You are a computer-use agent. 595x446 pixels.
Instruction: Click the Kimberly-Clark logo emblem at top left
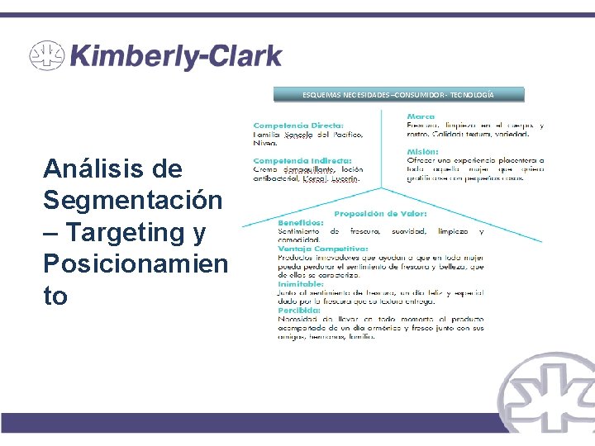coord(46,56)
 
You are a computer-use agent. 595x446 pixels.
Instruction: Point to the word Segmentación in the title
coord(132,201)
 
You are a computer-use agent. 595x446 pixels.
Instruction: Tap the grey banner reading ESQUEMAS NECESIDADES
coord(399,95)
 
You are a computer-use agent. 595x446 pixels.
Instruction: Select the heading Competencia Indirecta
coord(302,160)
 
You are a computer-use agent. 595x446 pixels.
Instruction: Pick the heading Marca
coord(421,116)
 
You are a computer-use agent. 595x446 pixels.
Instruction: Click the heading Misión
coord(422,151)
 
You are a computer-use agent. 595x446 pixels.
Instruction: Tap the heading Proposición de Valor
coord(379,214)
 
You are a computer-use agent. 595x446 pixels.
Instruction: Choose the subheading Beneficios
coord(300,223)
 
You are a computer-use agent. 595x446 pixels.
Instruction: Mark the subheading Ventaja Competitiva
coord(322,249)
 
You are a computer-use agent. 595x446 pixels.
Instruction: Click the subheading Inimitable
coord(301,283)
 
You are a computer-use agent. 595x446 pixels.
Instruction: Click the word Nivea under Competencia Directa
coord(264,143)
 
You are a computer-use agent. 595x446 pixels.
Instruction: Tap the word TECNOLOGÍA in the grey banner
coord(467,95)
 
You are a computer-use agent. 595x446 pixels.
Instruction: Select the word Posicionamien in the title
coord(135,264)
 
